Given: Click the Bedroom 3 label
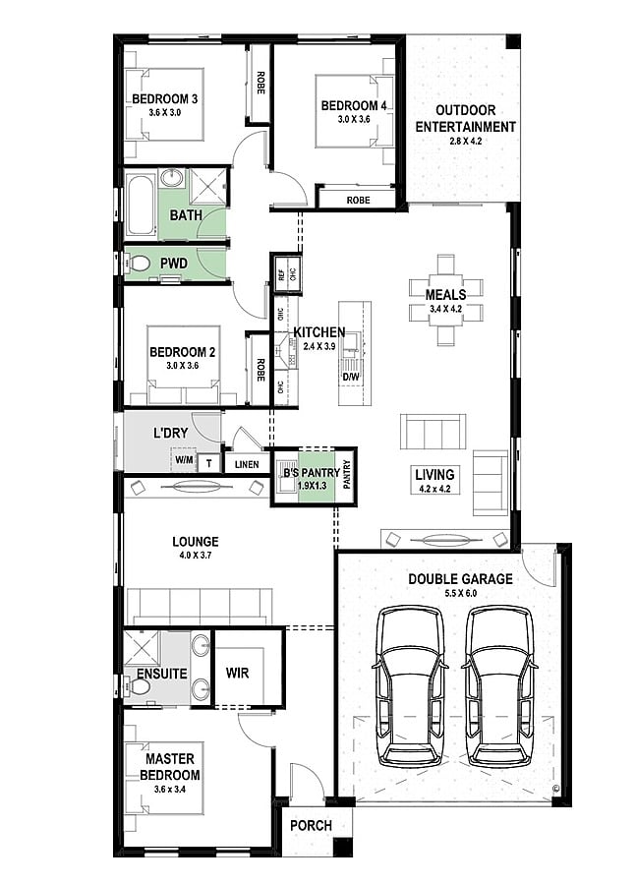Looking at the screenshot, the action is pos(165,99).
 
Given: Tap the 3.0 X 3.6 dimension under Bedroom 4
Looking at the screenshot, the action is pos(354,119).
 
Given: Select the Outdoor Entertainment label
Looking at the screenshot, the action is pos(466,119).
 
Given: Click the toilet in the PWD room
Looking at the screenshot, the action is pos(138,263).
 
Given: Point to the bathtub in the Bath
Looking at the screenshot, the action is pos(141,205).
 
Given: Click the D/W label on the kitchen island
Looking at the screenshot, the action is pos(351,377).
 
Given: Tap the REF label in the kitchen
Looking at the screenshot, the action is pos(281,274).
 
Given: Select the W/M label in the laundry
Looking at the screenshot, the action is pos(184,460).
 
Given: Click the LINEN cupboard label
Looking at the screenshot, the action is pos(247,464).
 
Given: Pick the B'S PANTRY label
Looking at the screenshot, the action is pos(312,472).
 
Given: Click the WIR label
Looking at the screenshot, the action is pos(237,673).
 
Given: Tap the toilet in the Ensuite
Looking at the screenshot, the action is pos(138,687).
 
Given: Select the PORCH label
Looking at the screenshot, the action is pos(311,825).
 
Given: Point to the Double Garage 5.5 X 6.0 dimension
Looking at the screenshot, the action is pos(460,593).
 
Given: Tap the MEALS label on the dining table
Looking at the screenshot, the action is pos(446,294).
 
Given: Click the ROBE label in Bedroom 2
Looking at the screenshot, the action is pos(260,371).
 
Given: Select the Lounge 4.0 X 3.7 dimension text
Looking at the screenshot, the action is pos(196,556).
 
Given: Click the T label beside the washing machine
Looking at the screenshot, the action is pos(208,464).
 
